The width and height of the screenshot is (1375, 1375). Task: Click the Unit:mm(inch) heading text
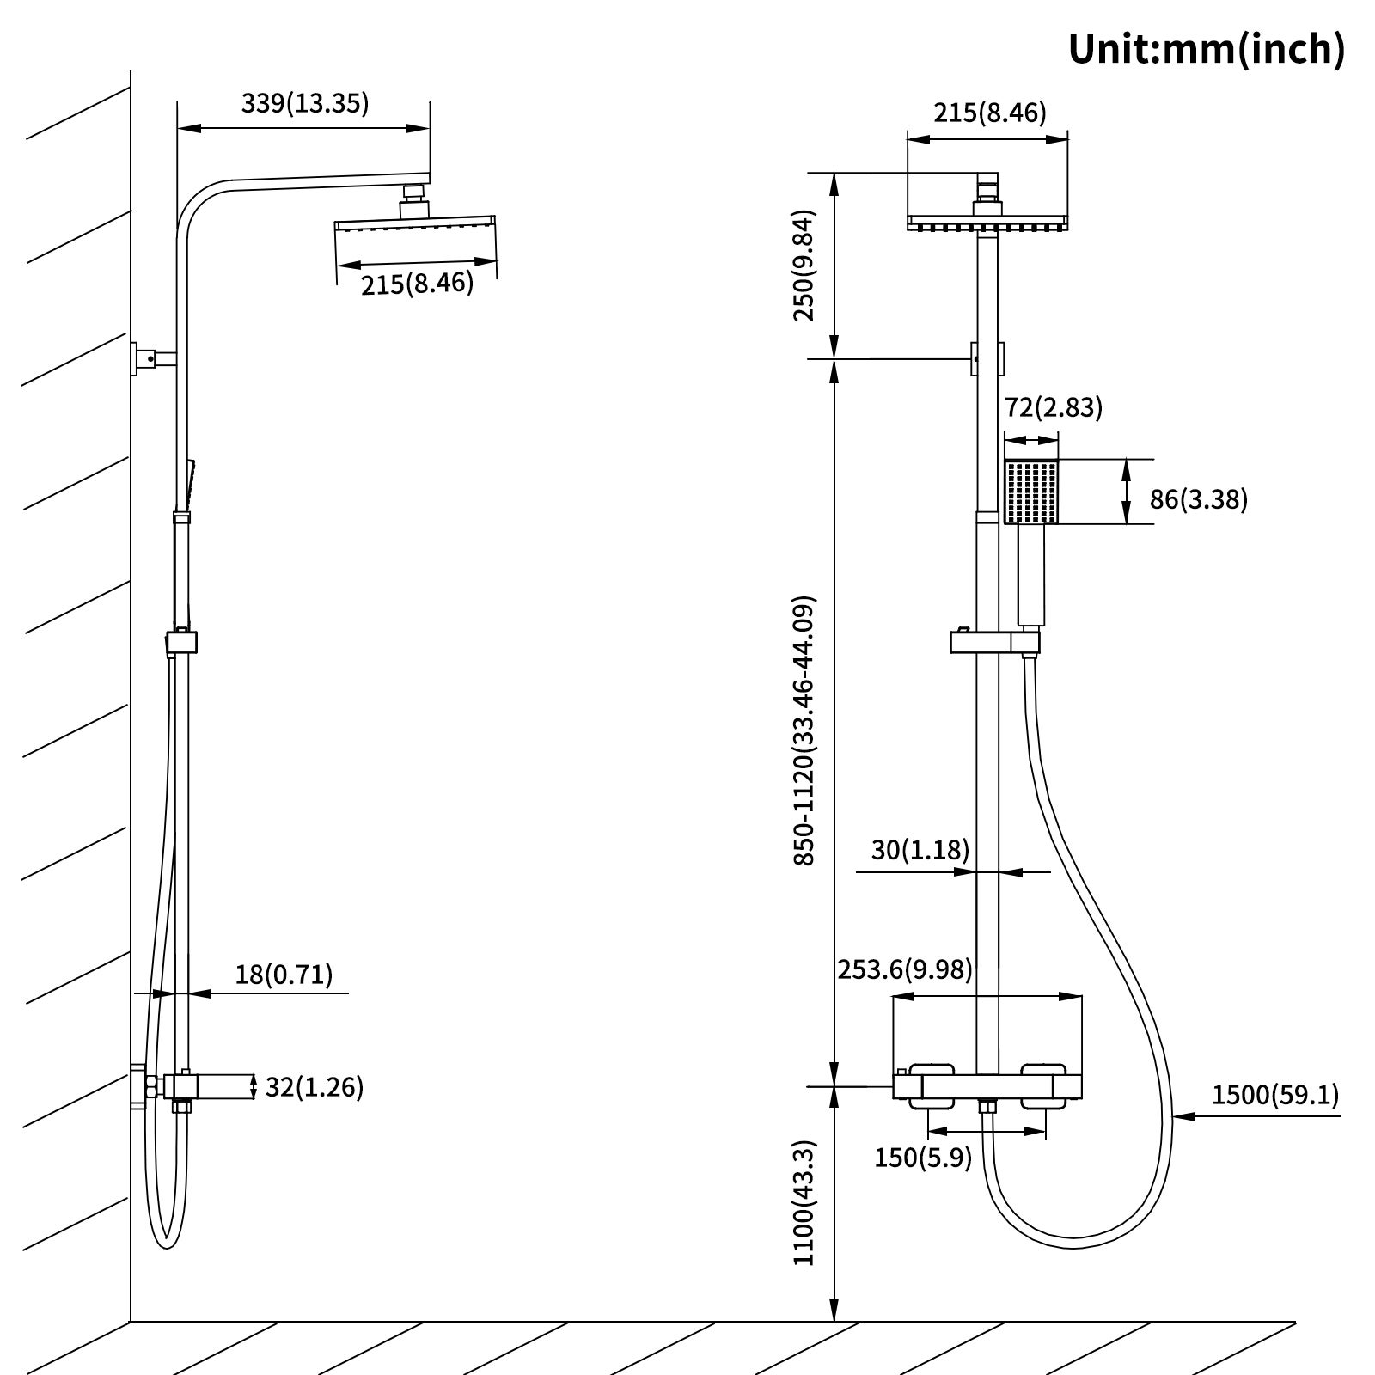(1206, 49)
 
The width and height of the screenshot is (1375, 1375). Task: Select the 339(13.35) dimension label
(304, 104)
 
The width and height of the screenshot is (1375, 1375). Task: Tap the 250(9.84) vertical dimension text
(804, 265)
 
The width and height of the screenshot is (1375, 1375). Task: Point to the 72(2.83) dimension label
(1053, 407)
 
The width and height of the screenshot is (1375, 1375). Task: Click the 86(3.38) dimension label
(1198, 498)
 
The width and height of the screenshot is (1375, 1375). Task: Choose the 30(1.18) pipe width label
(920, 850)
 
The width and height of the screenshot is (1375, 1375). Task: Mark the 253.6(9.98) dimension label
(905, 969)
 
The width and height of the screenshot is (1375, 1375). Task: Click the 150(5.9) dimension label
(923, 1158)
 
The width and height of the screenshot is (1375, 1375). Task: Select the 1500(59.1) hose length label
(1274, 1095)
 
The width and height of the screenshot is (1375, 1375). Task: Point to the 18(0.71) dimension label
(284, 974)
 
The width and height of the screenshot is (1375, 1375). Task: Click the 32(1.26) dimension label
(314, 1087)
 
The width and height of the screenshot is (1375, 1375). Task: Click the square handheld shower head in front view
(1031, 492)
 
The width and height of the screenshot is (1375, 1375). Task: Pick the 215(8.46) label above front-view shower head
(990, 113)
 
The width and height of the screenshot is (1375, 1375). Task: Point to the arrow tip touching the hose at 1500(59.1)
(1176, 1116)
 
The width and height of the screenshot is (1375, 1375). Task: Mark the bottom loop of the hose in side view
(168, 1243)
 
